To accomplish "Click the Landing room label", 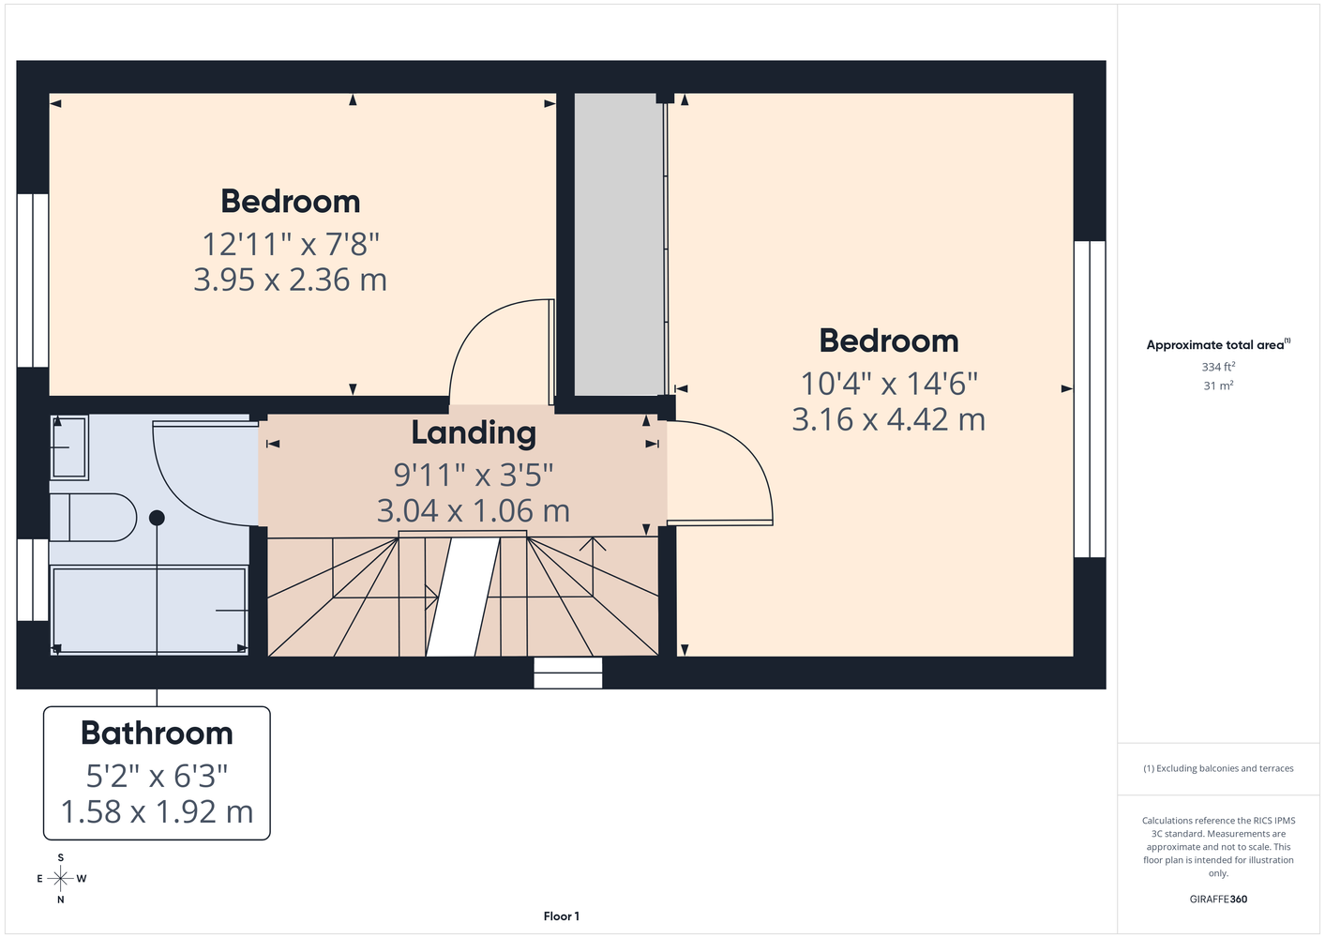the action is (x=474, y=432).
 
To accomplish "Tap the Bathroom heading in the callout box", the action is (x=157, y=734).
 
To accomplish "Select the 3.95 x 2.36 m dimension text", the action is (x=290, y=280).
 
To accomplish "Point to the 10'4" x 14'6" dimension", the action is (x=888, y=384).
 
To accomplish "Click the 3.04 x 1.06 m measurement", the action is (x=474, y=510).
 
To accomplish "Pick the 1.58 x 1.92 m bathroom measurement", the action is (x=157, y=811).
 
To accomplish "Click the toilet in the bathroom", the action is (x=93, y=517).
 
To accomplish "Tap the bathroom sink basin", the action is (x=69, y=447).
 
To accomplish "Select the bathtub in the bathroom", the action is (x=149, y=610).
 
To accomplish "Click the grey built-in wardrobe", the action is (x=619, y=244).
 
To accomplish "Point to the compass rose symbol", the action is (x=61, y=879).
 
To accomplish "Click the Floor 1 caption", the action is (x=562, y=916).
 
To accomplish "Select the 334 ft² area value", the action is (x=1218, y=367).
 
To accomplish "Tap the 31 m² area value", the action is (x=1218, y=386).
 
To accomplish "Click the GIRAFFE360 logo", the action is (x=1218, y=899).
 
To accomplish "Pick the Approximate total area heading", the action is (x=1218, y=344).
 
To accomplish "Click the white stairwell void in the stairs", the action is (x=462, y=597).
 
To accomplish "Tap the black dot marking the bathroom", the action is (x=157, y=518).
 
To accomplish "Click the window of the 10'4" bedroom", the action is (x=1090, y=399).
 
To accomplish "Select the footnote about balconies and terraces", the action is (x=1218, y=768).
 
